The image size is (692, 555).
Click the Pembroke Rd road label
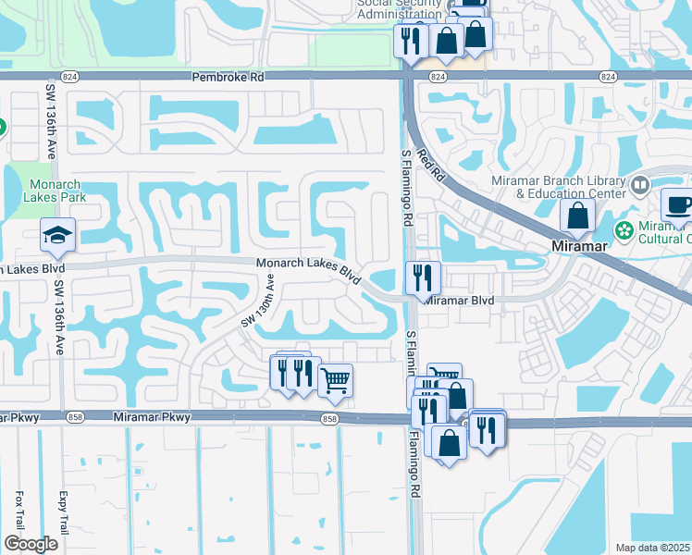[x=228, y=78]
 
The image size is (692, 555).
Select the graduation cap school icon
[x=56, y=237]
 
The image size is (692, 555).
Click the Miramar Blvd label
[x=460, y=301]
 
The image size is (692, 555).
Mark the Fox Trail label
[x=19, y=509]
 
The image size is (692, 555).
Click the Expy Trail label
[x=64, y=508]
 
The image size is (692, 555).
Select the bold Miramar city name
[x=579, y=247]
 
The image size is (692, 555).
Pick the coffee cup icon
[x=678, y=205]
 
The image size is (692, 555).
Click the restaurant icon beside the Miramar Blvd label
[x=423, y=277]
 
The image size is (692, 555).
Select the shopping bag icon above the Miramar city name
[x=578, y=216]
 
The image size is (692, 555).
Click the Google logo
[x=31, y=544]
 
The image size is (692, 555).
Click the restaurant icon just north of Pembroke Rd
[x=409, y=41]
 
